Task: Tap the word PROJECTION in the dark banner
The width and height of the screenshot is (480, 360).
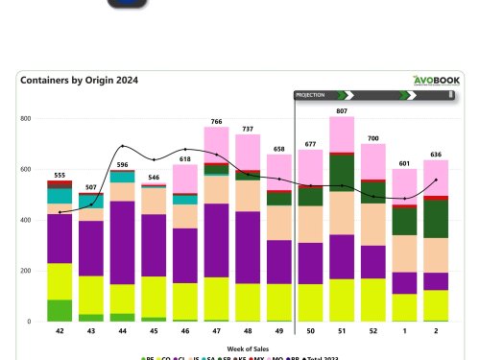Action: [x=310, y=96]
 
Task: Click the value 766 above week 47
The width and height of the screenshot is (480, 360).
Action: [x=217, y=121]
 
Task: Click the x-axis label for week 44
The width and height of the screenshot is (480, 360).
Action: [x=123, y=329]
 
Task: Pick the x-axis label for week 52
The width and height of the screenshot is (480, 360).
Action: [x=373, y=329]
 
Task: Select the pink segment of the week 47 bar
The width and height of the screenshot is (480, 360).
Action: [x=217, y=142]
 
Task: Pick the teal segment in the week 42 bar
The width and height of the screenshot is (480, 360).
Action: [x=60, y=195]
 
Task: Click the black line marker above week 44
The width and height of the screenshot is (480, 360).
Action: [x=123, y=147]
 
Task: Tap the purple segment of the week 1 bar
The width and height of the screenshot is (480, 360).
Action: [x=405, y=282]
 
